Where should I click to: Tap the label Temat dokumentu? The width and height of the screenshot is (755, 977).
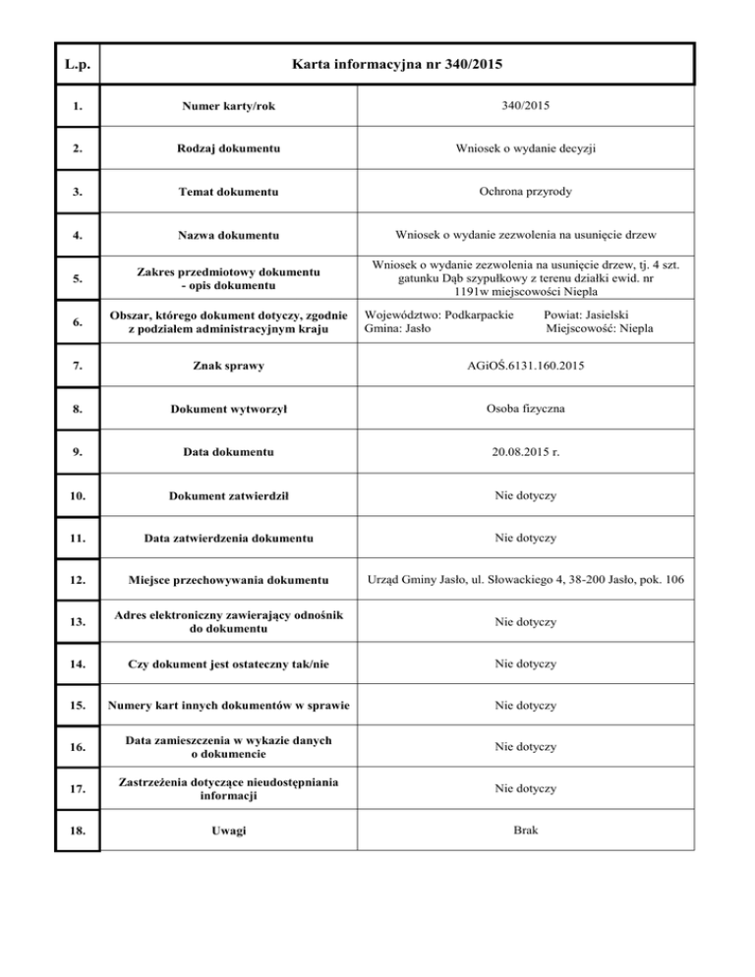click(x=227, y=193)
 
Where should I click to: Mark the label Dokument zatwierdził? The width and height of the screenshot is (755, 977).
click(x=227, y=495)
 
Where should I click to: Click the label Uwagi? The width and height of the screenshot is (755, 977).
click(x=227, y=832)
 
